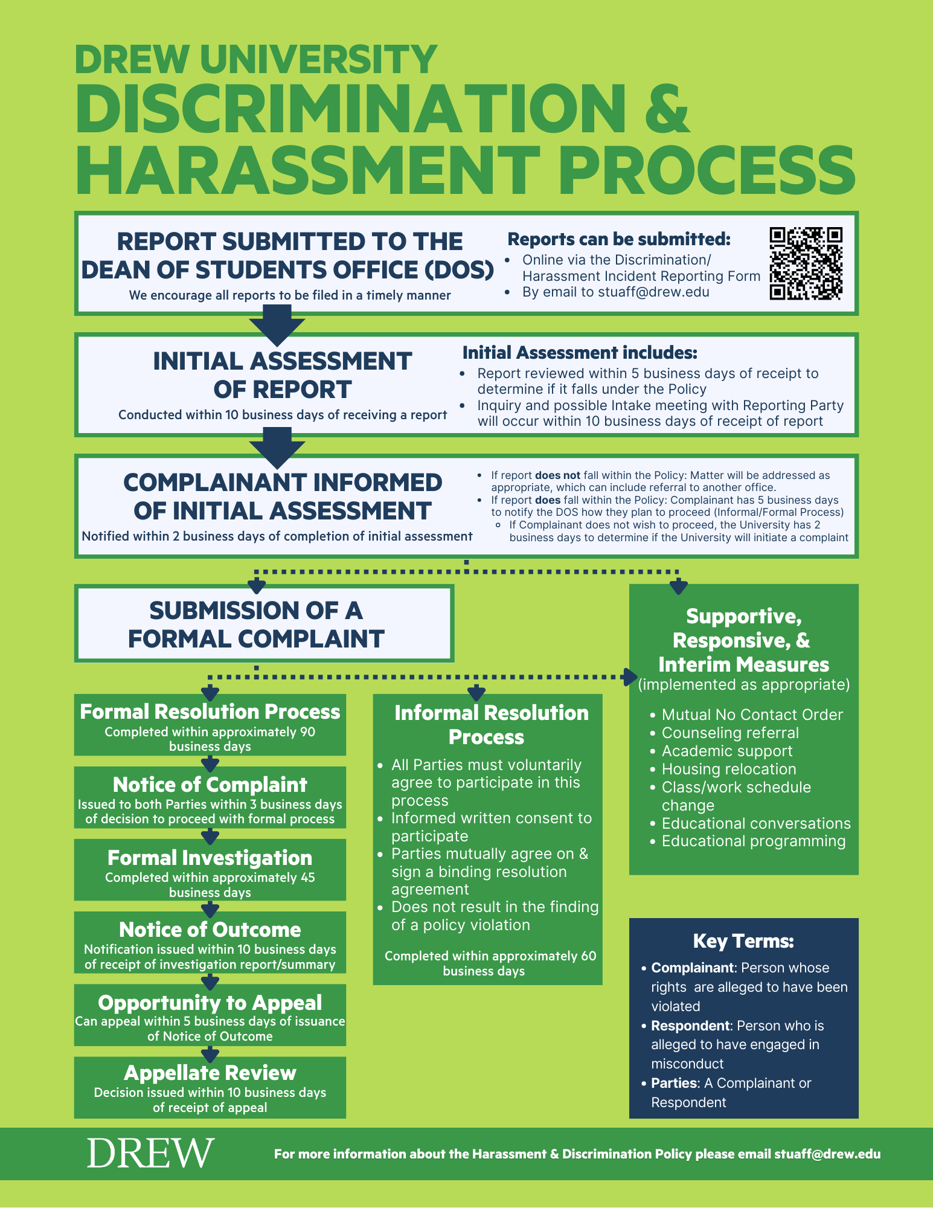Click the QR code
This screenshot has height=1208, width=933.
pyautogui.click(x=806, y=263)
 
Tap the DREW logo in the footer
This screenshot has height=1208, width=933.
pyautogui.click(x=150, y=1152)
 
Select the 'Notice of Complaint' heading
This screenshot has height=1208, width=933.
pyautogui.click(x=210, y=785)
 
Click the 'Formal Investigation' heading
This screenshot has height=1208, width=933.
pyautogui.click(x=210, y=858)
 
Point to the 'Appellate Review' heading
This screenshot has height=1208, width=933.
pyautogui.click(x=210, y=1073)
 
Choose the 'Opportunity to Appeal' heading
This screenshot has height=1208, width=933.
pyautogui.click(x=210, y=1003)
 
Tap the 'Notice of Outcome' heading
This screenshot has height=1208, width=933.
pyautogui.click(x=210, y=930)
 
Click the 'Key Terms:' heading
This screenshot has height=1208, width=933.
pyautogui.click(x=743, y=941)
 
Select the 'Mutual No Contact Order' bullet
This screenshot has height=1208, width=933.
pyautogui.click(x=752, y=715)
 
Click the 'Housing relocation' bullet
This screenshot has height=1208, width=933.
pyautogui.click(x=728, y=769)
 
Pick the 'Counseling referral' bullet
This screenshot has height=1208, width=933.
pyautogui.click(x=729, y=733)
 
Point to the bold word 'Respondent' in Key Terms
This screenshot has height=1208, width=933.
pyautogui.click(x=690, y=1026)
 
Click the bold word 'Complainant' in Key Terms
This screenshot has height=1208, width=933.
pyautogui.click(x=692, y=968)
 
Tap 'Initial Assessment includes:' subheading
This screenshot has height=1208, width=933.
pyautogui.click(x=580, y=353)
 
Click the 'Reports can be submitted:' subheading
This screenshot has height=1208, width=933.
pyautogui.click(x=618, y=239)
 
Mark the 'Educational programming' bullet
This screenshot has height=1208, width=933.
pyautogui.click(x=753, y=841)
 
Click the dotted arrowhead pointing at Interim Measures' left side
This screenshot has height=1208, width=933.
pyautogui.click(x=630, y=676)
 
